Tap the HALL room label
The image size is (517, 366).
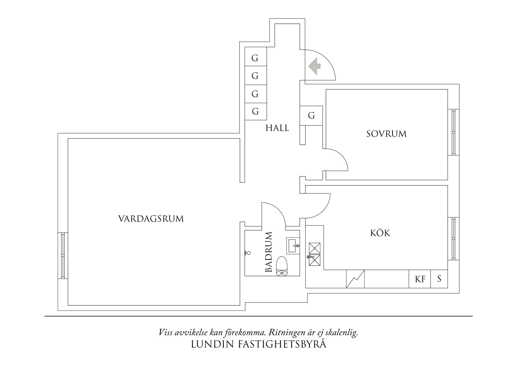tap(277, 128)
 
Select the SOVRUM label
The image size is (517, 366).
tap(386, 134)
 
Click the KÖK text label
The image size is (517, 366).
tap(380, 233)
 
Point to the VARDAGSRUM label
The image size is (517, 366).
tap(151, 219)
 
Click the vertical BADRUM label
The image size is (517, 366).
tap(269, 252)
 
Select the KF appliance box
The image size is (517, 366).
tap(420, 279)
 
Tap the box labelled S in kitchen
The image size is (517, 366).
tap(439, 279)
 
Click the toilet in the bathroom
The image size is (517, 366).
tap(282, 266)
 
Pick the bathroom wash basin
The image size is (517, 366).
tap(293, 246)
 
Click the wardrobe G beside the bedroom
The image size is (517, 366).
tap(311, 115)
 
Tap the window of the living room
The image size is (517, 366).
tap(63, 256)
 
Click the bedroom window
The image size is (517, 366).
tap(453, 132)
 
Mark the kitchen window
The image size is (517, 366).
tap(453, 238)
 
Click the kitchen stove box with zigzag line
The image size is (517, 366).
tap(355, 279)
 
